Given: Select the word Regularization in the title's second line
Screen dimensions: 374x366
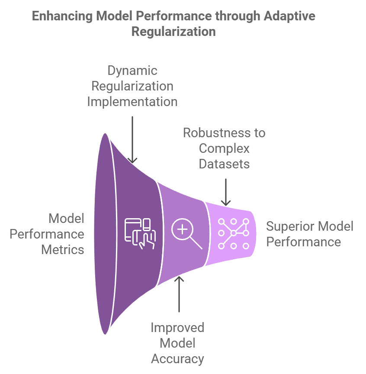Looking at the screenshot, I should pos(173,32).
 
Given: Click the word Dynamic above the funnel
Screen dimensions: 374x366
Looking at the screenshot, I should pos(132,71).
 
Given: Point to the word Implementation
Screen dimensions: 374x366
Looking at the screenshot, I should pos(132,101).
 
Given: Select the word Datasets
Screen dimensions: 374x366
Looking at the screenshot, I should pos(224,164).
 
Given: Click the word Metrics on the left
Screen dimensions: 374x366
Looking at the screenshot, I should pos(63,249).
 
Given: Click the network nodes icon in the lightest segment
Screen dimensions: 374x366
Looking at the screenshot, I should pos(234,233).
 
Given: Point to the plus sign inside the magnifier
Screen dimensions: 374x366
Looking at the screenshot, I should pos(183,229).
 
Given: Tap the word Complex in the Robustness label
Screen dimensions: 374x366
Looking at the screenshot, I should pos(224,148).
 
